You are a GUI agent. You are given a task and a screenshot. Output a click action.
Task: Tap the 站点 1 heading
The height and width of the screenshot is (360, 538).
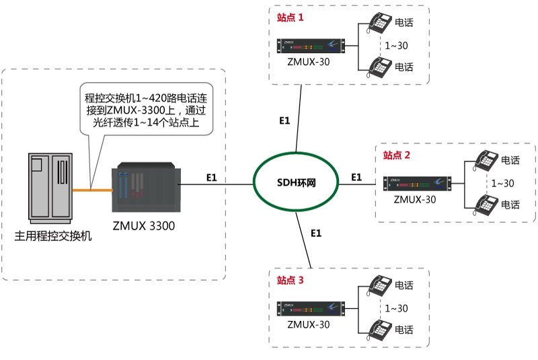pos(290,18)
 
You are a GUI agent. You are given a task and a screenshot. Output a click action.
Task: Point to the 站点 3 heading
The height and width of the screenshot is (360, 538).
pos(290,279)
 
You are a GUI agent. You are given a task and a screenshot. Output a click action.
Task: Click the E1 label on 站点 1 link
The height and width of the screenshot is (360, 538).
pos(284,120)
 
